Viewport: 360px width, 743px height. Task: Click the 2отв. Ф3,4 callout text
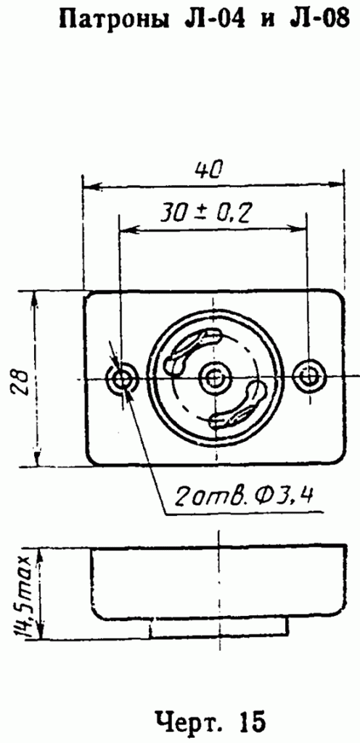(244, 497)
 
